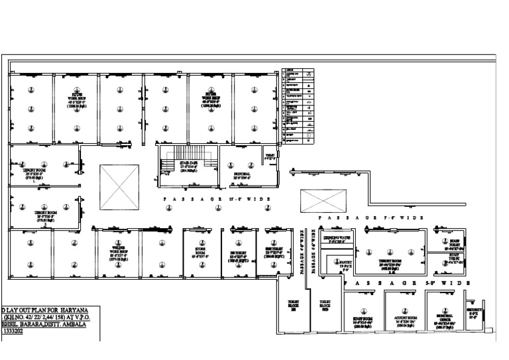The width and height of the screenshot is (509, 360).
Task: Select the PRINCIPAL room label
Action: coord(242,174)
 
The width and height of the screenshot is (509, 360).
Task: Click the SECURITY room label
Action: coord(473,312)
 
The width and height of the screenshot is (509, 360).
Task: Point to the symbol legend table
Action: coord(298,105)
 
